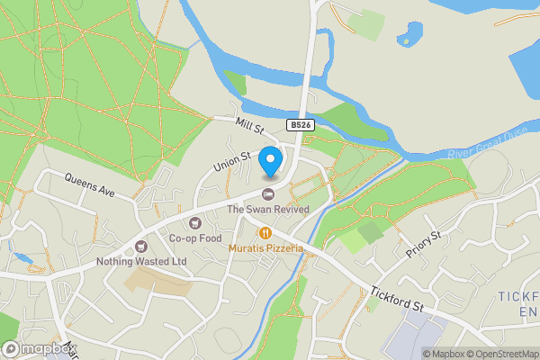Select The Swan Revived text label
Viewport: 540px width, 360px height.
point(267,209)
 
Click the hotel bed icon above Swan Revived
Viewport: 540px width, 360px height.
point(267,194)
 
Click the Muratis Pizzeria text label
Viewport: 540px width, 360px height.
point(265,247)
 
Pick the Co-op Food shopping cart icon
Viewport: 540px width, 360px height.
point(195,223)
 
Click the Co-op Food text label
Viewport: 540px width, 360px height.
point(195,238)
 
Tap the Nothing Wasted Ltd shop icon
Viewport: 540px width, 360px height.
point(140,246)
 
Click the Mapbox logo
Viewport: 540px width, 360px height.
point(39,348)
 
